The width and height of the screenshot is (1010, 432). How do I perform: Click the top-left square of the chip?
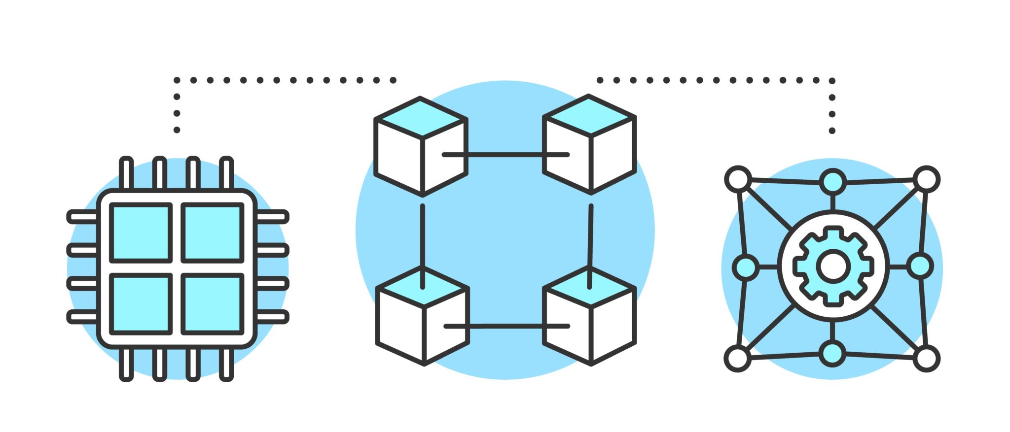[x=141, y=232]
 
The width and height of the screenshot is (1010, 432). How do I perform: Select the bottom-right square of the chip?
[x=213, y=303]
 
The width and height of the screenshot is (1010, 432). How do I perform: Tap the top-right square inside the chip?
[x=213, y=232]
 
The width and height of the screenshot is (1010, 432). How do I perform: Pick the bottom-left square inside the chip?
[x=141, y=303]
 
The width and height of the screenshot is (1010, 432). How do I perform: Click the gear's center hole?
[x=833, y=266]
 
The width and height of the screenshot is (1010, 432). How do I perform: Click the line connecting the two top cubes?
[x=505, y=155]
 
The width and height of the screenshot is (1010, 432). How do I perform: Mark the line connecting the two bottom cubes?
[x=506, y=326]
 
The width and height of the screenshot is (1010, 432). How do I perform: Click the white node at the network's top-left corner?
[x=738, y=179]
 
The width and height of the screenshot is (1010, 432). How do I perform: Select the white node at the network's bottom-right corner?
[x=927, y=359]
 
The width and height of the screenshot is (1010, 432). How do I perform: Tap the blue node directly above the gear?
[x=833, y=182]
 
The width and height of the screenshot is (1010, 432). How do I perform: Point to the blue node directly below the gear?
[x=832, y=354]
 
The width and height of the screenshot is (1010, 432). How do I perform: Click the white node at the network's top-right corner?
[x=927, y=179]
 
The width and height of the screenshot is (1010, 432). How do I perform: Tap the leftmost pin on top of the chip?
[x=126, y=172]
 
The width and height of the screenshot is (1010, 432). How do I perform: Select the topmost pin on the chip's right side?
[x=273, y=216]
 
